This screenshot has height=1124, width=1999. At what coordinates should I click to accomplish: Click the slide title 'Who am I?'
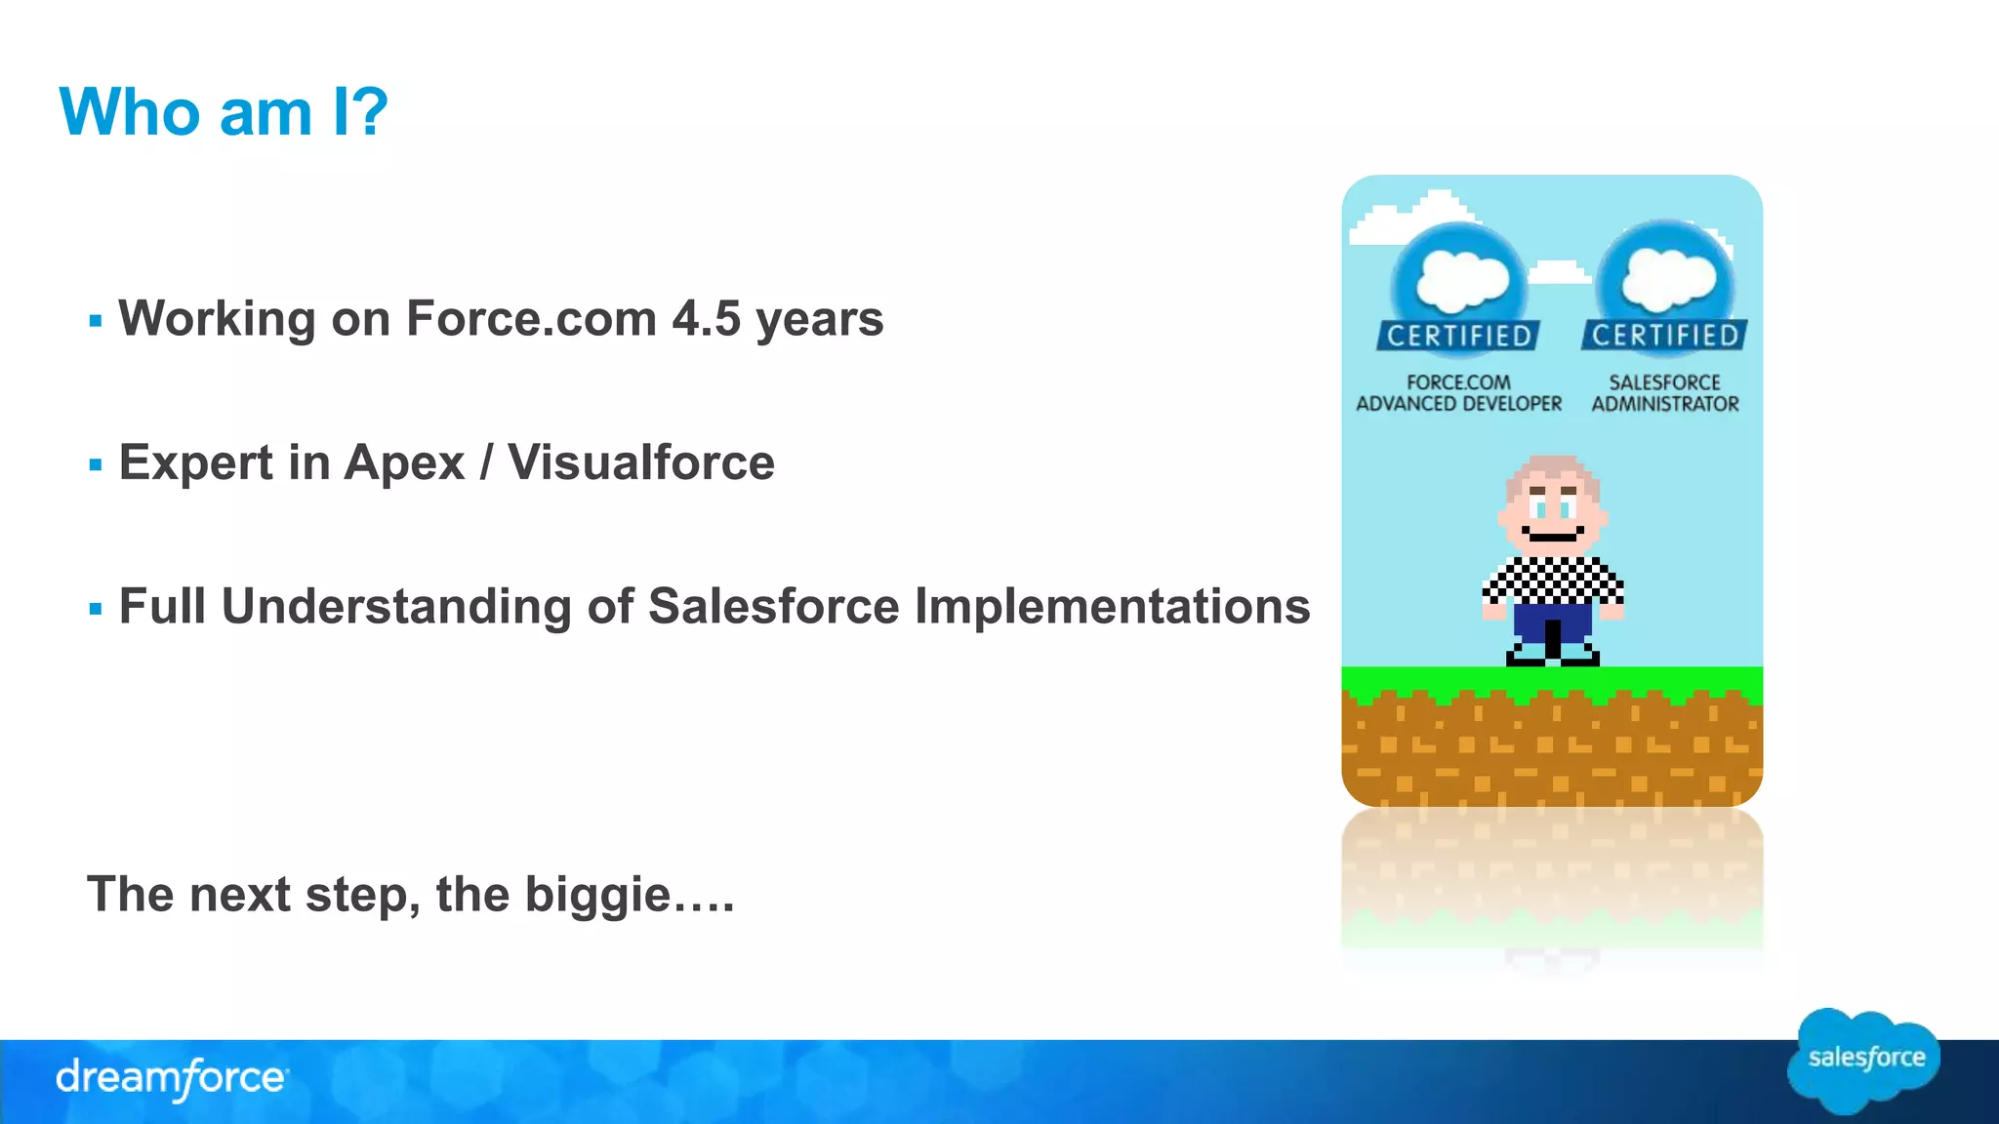[x=224, y=111]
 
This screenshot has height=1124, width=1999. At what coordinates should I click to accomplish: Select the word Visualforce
[x=640, y=462]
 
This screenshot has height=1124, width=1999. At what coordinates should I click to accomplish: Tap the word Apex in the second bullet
[x=404, y=462]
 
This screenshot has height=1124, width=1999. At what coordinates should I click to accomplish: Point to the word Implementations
[x=1112, y=606]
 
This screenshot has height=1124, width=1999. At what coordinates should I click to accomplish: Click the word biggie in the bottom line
[x=597, y=894]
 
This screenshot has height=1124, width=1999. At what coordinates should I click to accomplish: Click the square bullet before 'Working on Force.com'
[x=95, y=320]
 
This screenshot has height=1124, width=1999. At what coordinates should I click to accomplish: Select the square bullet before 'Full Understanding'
[x=95, y=609]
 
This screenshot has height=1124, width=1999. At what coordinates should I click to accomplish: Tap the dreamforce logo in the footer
[x=172, y=1078]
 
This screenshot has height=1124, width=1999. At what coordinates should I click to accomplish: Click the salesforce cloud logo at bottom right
[x=1864, y=1061]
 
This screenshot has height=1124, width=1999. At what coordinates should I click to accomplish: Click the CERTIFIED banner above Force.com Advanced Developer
[x=1459, y=336]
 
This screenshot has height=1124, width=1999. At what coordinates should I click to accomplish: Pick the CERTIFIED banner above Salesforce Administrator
[x=1665, y=335]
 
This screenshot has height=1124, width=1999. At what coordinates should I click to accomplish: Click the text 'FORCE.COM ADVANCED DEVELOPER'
[x=1459, y=393]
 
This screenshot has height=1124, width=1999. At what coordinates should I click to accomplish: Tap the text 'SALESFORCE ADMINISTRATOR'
[x=1665, y=393]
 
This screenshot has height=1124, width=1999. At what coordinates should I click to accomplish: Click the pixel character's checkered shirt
[x=1552, y=581]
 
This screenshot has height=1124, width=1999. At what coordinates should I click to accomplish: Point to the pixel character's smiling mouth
[x=1553, y=537]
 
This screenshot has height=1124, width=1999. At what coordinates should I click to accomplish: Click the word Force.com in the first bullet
[x=531, y=318]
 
